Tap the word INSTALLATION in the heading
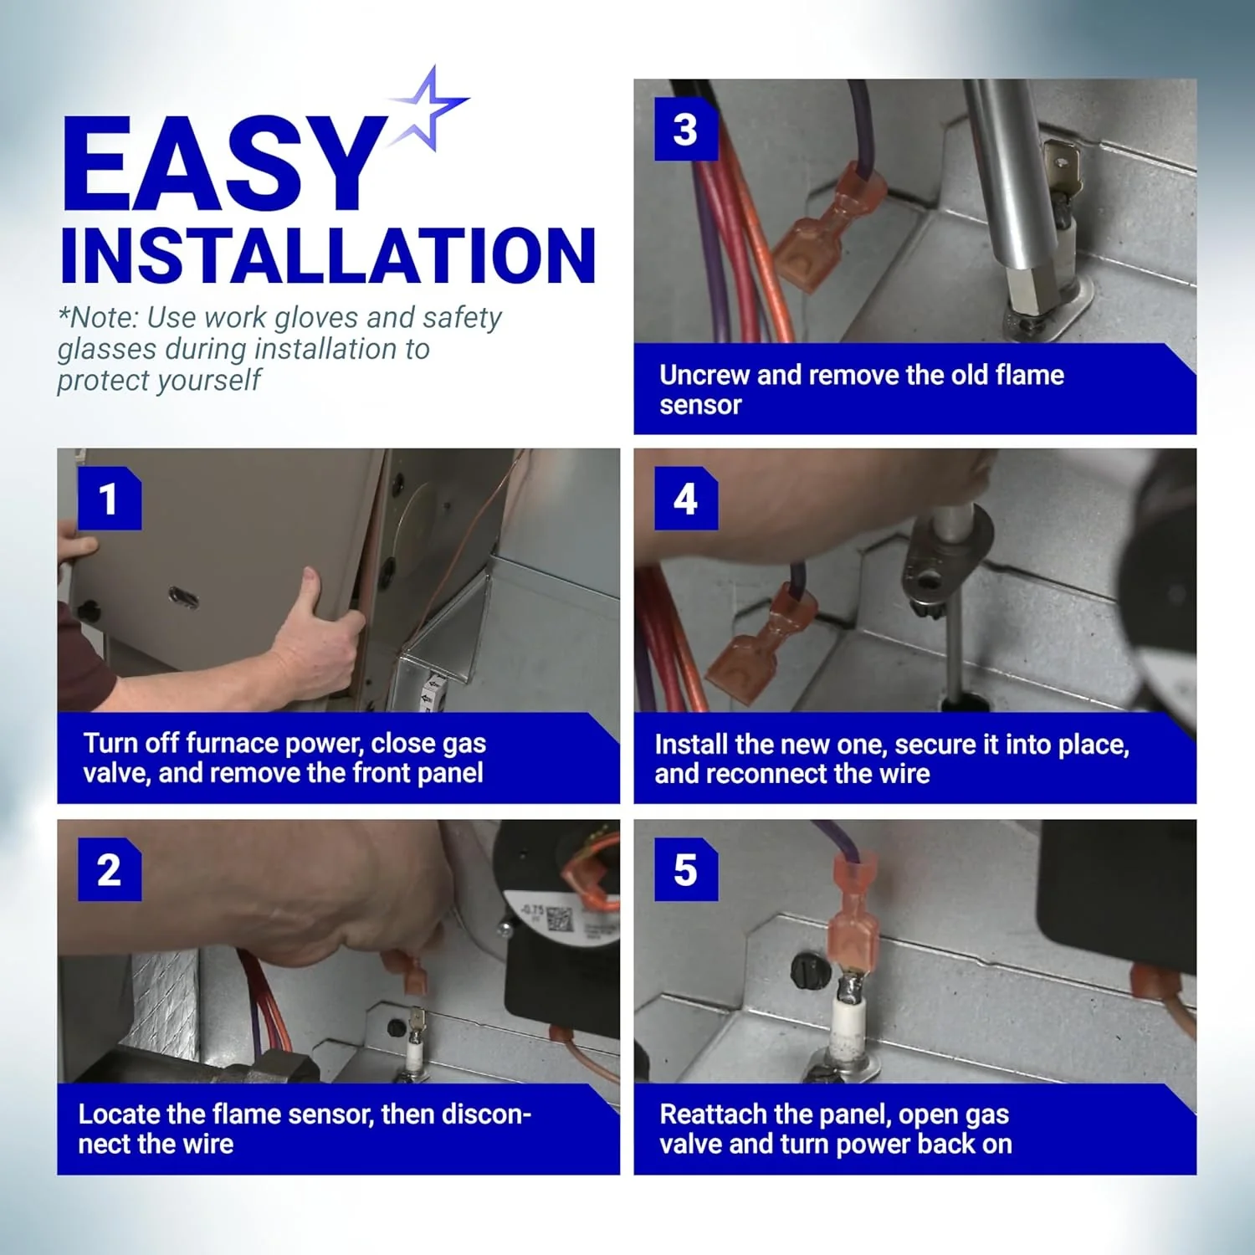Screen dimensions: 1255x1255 [x=328, y=255]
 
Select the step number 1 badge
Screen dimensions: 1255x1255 [x=110, y=499]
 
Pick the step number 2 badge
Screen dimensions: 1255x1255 [x=110, y=869]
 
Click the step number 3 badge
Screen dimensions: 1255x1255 [x=686, y=129]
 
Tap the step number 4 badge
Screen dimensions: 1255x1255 [x=686, y=499]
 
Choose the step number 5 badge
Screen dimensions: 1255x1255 [x=686, y=869]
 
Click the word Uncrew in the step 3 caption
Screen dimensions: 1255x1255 [x=704, y=375]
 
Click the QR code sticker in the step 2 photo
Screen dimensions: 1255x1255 [x=560, y=919]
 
